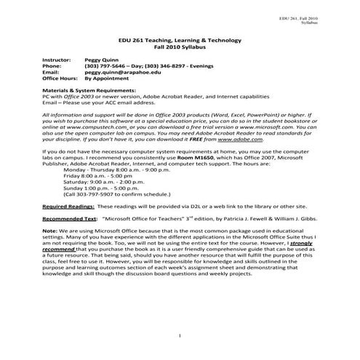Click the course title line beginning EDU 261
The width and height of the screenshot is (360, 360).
(179, 41)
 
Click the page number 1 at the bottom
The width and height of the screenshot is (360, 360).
(179, 336)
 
